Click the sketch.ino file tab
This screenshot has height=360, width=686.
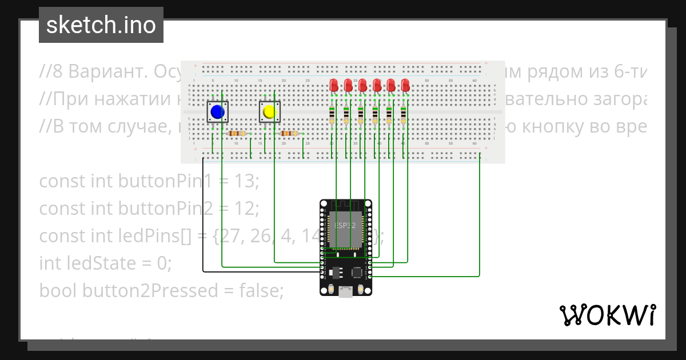point(101,25)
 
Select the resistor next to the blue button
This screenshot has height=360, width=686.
point(237,134)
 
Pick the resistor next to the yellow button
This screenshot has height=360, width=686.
point(289,134)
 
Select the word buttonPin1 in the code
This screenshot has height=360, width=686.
point(160,181)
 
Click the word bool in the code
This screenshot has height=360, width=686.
point(58,291)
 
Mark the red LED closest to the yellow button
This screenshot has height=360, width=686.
point(334,86)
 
